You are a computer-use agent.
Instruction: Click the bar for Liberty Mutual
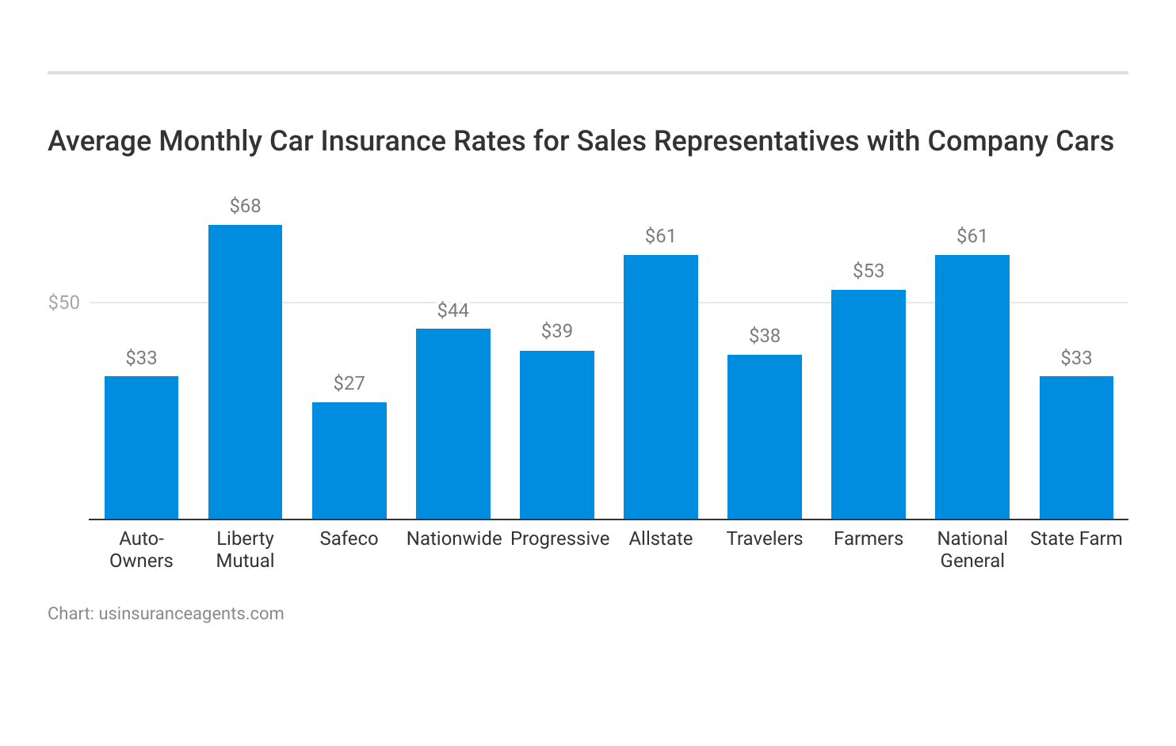pos(245,372)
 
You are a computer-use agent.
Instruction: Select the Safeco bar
pos(349,461)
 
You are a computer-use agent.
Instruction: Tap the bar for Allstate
pos(660,387)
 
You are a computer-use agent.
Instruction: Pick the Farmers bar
pos(868,405)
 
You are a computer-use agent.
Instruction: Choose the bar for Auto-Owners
pos(141,447)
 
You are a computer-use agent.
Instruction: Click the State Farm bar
pos(1076,447)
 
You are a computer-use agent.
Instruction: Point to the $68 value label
pos(245,207)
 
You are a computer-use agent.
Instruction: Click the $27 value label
pos(349,384)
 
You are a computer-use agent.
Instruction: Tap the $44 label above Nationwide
pos(452,310)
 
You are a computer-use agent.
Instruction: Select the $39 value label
pos(556,331)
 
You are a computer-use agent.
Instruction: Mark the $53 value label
pos(868,271)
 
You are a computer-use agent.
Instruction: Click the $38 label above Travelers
pos(764,336)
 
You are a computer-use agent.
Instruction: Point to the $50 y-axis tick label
pos(64,303)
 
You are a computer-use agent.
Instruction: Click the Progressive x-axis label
pos(559,539)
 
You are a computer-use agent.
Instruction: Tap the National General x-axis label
pos(972,550)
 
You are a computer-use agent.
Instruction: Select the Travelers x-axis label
pos(764,539)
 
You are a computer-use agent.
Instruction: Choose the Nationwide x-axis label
pos(454,539)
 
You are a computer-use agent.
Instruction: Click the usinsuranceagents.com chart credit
pos(191,614)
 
